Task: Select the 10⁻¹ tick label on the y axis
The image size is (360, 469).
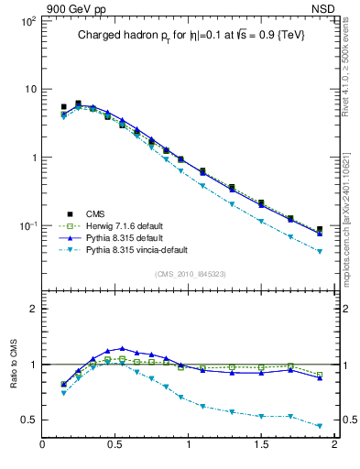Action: point(27,226)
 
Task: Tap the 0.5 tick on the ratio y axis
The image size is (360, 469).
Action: point(30,420)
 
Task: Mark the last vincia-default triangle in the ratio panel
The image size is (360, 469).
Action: point(320,426)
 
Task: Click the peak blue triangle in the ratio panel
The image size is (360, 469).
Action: point(122,349)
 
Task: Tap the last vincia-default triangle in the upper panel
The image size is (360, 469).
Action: point(320,251)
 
